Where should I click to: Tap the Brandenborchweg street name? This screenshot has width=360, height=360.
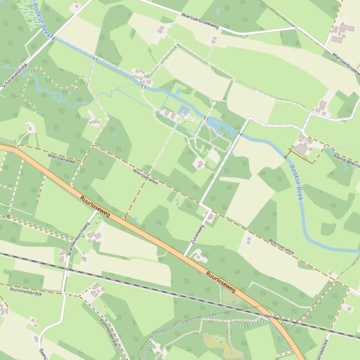click(74, 236)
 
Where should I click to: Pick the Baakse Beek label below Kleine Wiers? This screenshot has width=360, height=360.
click(296, 182)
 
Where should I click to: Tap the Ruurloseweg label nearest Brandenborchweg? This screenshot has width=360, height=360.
click(95, 205)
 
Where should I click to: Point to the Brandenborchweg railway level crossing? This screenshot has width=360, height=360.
click(67, 268)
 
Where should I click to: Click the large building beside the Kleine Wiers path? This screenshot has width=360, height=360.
click(301, 149)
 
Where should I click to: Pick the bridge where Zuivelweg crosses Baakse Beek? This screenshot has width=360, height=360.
click(240, 134)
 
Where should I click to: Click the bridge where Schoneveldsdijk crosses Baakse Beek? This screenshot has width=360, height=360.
click(53, 37)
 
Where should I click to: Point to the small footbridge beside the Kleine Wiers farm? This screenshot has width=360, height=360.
click(285, 156)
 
